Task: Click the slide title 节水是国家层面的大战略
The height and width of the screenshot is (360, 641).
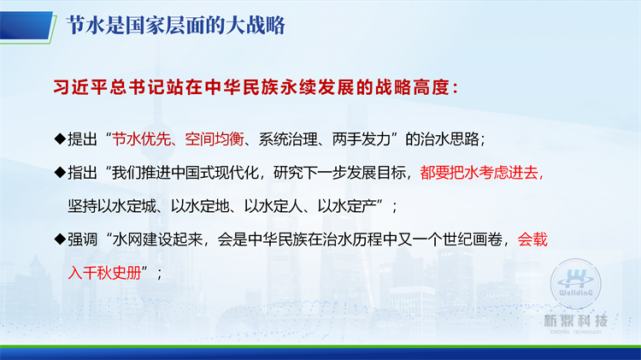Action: tap(175, 26)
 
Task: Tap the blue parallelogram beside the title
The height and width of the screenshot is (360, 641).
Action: tap(26, 26)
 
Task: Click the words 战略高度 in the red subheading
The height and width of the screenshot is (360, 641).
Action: tap(412, 87)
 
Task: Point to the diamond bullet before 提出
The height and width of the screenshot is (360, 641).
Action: tap(60, 139)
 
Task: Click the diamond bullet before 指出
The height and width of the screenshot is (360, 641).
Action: tap(60, 172)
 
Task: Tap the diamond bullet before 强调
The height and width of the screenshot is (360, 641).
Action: tap(60, 239)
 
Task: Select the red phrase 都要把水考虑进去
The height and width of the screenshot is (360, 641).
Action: tap(479, 173)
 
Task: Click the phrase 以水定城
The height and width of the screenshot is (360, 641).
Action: tap(112, 206)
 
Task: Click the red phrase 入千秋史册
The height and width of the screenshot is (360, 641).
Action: tap(104, 273)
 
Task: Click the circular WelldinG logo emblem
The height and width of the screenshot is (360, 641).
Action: tap(575, 284)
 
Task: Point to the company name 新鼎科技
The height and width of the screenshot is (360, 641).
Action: tap(575, 321)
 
